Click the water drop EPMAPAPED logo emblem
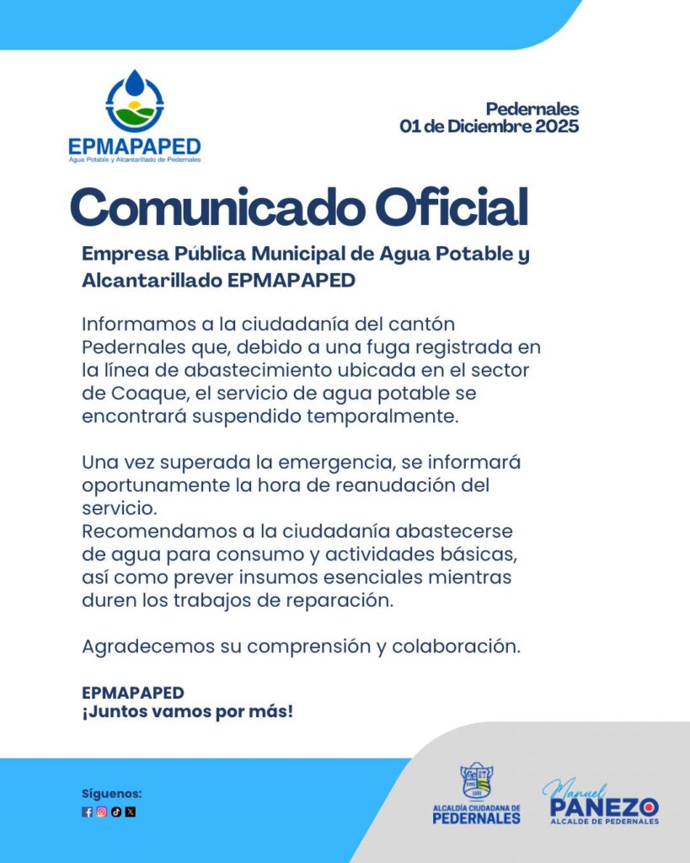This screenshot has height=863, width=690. [135, 100]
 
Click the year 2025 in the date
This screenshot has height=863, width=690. [552, 127]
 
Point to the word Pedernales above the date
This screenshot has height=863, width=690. [532, 109]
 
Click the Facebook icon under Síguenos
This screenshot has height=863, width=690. [87, 812]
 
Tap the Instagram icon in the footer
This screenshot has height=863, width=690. [101, 812]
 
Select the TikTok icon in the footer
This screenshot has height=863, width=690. [115, 812]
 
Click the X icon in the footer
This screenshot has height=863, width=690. [130, 812]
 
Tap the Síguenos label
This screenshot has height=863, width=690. [112, 794]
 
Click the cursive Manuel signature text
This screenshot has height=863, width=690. [575, 789]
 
